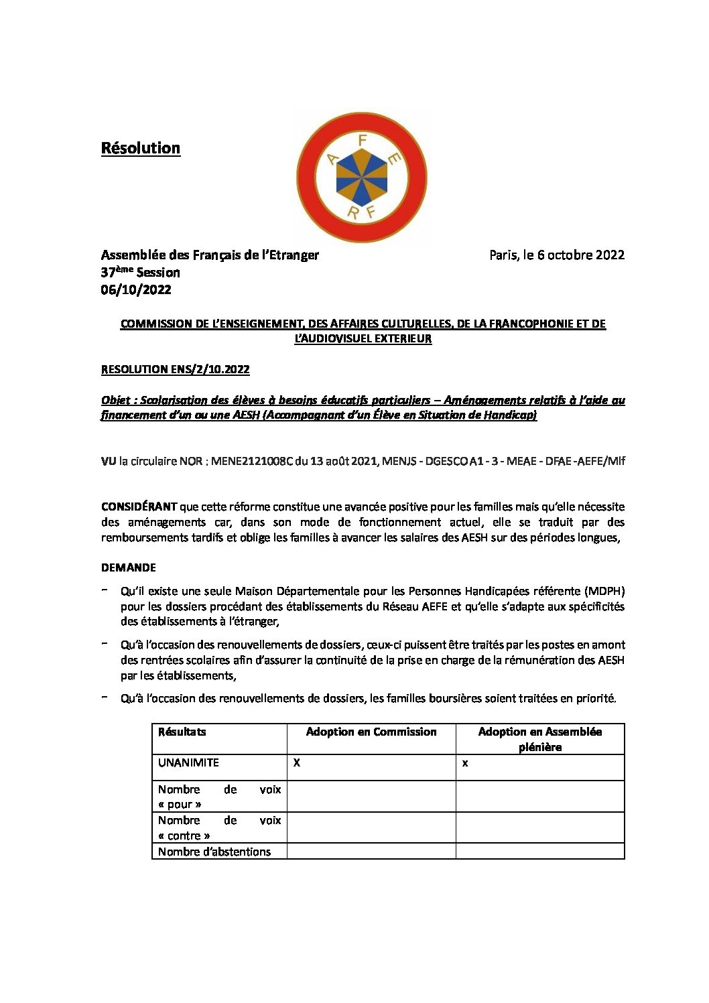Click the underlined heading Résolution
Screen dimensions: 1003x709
140,148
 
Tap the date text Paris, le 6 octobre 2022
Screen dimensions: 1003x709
556,255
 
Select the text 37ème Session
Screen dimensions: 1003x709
140,272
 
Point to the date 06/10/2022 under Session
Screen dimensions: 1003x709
136,289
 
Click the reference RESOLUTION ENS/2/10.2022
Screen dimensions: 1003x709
175,369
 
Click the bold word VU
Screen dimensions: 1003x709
109,461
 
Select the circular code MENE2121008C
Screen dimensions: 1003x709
252,461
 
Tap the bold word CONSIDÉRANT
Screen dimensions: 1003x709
139,507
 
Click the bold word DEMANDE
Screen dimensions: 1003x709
128,567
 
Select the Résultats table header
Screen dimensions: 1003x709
182,732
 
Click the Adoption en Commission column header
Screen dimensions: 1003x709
371,732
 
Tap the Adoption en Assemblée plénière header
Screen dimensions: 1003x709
539,739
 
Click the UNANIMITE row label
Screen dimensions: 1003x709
188,762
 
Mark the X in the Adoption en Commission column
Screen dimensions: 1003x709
297,762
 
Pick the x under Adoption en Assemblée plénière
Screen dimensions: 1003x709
465,763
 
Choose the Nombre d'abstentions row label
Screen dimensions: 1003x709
214,852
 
